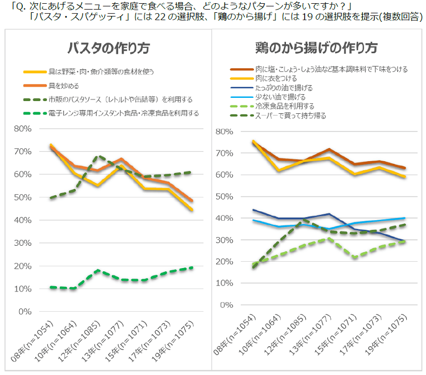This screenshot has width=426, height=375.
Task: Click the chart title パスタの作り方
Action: pos(108,48)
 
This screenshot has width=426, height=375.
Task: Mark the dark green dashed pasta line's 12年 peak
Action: pos(98,156)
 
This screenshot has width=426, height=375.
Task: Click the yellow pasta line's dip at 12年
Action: pos(98,186)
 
